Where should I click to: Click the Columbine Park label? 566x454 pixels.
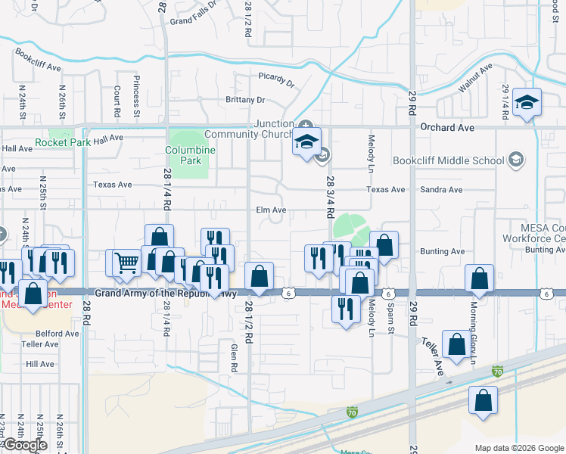coord(191,155)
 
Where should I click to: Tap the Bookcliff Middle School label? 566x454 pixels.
coord(448,160)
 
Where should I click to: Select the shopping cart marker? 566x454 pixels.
coord(127,262)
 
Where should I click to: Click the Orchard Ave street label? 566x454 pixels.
coord(446,127)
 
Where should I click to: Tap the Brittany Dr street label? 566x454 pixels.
coord(245,100)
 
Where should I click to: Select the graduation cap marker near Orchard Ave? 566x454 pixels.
coord(526,102)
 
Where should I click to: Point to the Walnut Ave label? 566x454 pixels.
coord(475,78)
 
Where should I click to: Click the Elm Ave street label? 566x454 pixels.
coord(271,210)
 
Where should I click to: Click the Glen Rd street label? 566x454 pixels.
coord(235,356)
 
